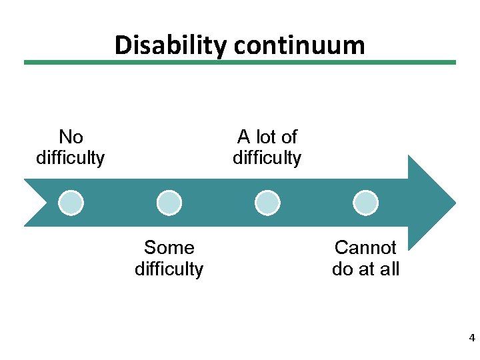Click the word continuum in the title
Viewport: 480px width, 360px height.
point(299,45)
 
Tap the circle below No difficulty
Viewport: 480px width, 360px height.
point(71,202)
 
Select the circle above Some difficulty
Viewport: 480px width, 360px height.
point(169,202)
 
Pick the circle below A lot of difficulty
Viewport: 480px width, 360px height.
point(267,202)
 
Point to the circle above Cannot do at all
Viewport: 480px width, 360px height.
point(365,202)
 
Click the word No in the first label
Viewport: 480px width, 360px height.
point(71,137)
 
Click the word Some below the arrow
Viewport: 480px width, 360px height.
point(169,248)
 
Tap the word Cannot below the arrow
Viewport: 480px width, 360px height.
point(365,248)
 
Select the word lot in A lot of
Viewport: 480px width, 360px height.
point(267,137)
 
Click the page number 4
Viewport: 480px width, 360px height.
point(472,338)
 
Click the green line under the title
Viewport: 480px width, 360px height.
point(240,63)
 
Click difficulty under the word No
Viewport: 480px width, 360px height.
point(71,158)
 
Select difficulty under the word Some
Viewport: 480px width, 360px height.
point(169,269)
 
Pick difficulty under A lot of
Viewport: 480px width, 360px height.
point(267,158)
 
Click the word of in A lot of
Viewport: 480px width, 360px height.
point(289,137)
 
